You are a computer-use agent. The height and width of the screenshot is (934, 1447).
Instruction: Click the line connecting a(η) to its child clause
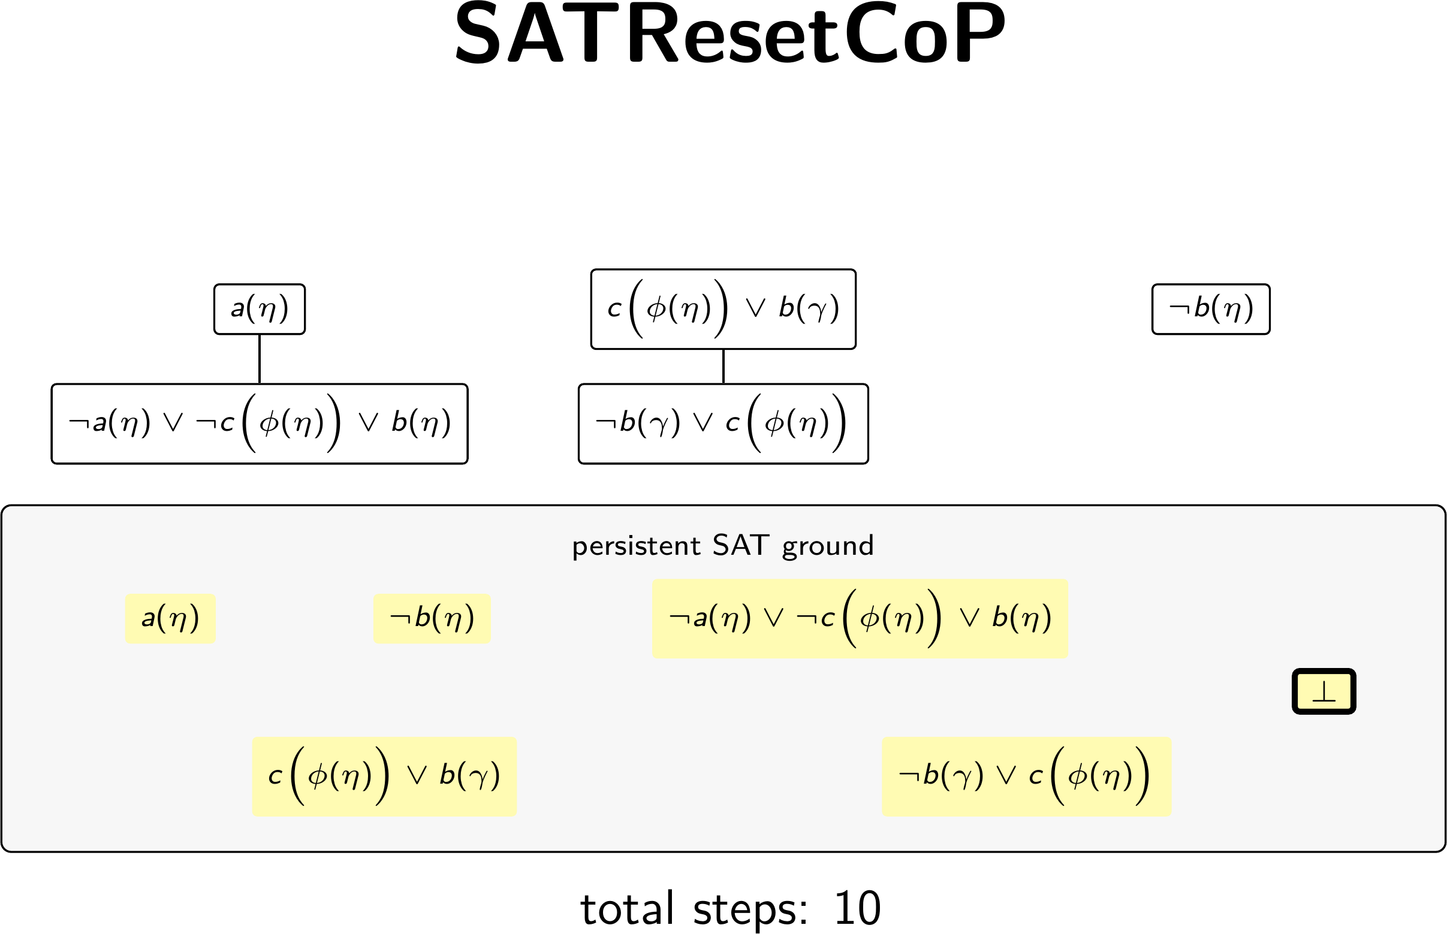[x=260, y=359]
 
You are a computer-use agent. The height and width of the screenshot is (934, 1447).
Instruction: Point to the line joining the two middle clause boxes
[x=723, y=367]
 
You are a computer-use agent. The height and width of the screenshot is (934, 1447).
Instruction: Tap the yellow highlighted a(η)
[x=170, y=619]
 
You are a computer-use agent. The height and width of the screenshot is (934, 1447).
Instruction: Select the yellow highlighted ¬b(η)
[x=432, y=619]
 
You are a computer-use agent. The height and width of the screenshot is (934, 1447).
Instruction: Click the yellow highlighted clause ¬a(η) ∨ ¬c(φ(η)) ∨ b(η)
[x=860, y=619]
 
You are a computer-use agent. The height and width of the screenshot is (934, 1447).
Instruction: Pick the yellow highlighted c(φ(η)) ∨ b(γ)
[x=384, y=777]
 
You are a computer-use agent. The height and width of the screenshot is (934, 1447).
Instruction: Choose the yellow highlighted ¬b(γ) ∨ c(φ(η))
[x=1027, y=777]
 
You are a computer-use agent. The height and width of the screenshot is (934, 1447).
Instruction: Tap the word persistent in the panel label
[x=637, y=546]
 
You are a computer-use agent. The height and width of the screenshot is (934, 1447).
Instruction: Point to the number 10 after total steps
[x=857, y=908]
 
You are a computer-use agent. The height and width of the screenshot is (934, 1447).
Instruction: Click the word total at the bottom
[x=628, y=908]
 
